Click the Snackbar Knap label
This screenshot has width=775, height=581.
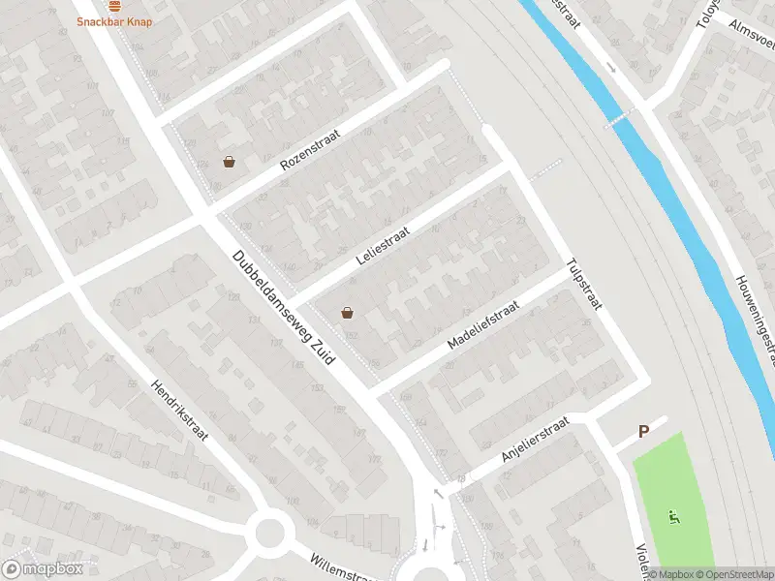[x=114, y=21]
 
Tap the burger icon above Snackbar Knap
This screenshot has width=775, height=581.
[x=114, y=5]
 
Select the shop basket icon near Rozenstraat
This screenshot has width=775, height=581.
[x=229, y=162]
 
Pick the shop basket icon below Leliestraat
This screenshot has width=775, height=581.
[x=347, y=313]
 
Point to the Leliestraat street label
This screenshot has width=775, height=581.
[x=384, y=246]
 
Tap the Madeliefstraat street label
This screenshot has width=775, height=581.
[x=483, y=324]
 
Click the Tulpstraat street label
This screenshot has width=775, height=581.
[x=584, y=284]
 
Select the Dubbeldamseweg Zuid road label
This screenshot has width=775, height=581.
[x=283, y=308]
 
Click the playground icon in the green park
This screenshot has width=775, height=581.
[x=672, y=515]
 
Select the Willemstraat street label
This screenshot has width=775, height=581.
[x=340, y=568]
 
